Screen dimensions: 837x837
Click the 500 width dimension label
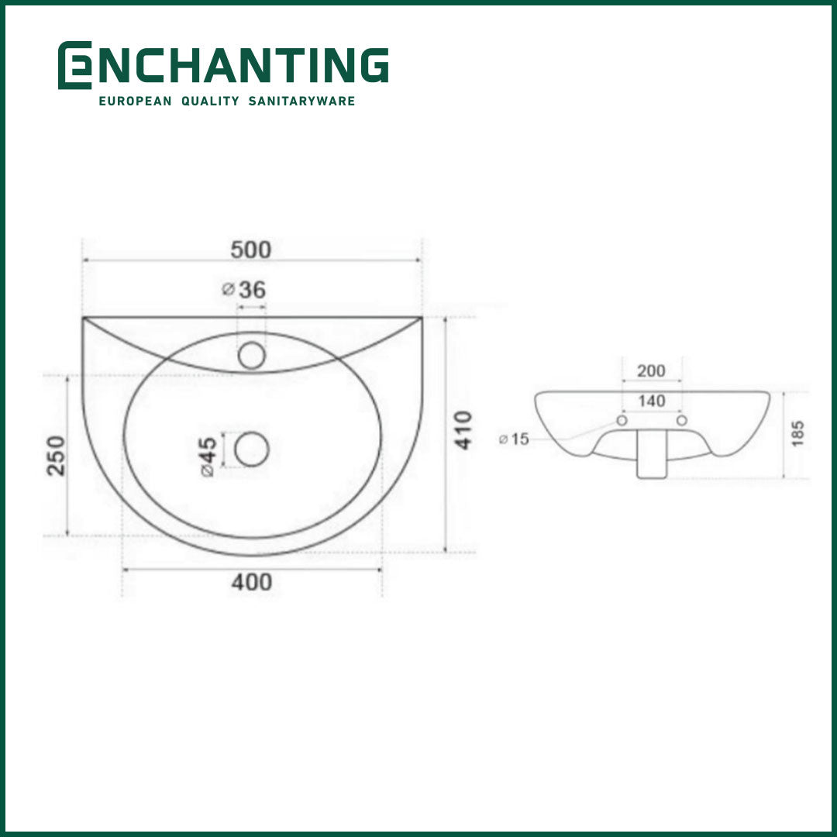coord(251,250)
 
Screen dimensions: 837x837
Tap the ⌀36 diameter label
coord(243,290)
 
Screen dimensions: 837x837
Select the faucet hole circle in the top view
coord(251,355)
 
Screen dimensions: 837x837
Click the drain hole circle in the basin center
coord(251,449)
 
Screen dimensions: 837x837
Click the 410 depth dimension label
coord(463,430)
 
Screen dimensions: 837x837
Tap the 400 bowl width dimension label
coord(252,581)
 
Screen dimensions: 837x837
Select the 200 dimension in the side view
coord(651,370)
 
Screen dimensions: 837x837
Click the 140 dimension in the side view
coord(651,401)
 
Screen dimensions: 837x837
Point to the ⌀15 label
coord(514,439)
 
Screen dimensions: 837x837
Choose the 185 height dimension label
coord(798,435)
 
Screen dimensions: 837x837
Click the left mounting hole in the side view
coord(621,420)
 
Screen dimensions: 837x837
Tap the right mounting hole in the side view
coord(682,420)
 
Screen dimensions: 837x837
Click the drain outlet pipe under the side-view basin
coord(652,462)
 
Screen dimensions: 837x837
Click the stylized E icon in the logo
coord(74,65)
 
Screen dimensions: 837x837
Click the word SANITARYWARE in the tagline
coord(301,102)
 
